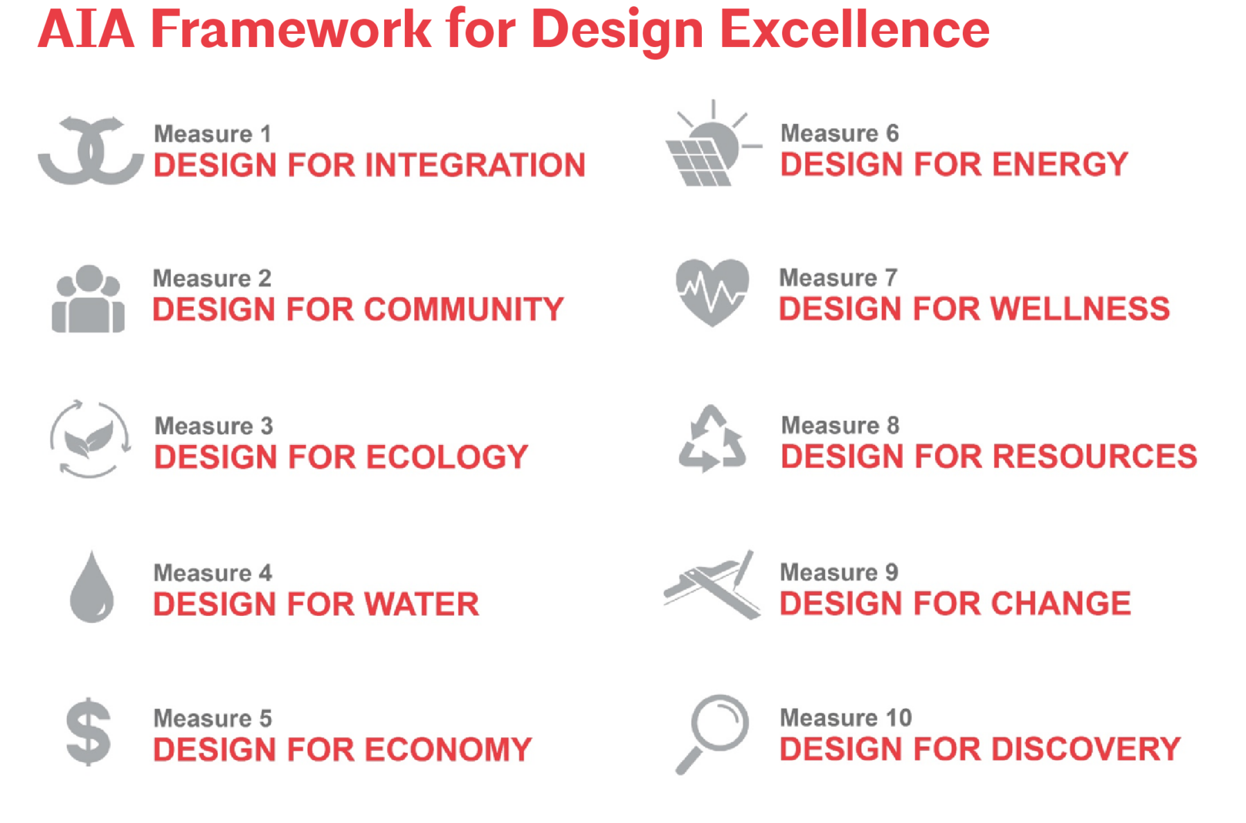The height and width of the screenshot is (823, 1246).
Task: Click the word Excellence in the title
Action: (855, 30)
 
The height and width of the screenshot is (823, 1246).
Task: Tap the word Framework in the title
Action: (291, 30)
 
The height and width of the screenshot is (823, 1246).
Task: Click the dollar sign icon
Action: (89, 731)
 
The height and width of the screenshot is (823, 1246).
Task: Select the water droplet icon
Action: (91, 587)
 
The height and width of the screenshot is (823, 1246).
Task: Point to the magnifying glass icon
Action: (712, 734)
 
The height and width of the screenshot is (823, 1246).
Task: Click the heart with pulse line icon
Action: (712, 292)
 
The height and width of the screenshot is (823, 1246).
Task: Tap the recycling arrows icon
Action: (712, 439)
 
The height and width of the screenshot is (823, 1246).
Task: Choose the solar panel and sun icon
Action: (712, 143)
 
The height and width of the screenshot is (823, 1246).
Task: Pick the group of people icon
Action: (88, 298)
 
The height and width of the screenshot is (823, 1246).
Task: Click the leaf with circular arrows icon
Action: (90, 439)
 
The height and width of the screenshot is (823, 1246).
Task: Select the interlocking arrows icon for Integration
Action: (91, 150)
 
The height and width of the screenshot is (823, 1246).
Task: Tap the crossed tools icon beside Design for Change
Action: (712, 586)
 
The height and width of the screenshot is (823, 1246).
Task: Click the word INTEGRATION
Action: (475, 165)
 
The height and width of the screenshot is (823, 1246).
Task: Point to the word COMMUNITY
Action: (464, 309)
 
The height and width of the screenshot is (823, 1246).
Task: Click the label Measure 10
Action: (846, 718)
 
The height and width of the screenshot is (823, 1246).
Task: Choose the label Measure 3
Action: (214, 426)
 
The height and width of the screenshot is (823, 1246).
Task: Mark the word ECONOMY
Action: (449, 750)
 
